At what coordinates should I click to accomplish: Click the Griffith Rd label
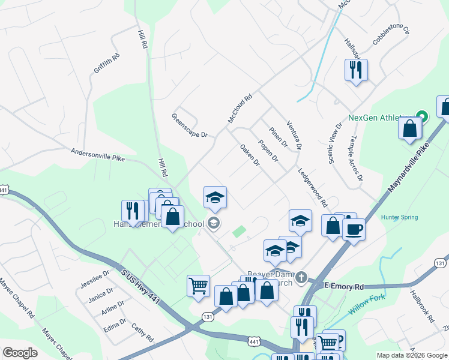[x=107, y=63]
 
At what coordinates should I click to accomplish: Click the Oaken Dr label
[x=250, y=155]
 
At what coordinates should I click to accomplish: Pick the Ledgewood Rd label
[x=312, y=187]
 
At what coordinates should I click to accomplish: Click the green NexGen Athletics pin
[x=421, y=116]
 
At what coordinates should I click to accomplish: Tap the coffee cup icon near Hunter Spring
[x=354, y=229]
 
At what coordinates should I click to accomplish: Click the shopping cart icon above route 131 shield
[x=197, y=285]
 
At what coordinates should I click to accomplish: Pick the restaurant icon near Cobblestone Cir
[x=356, y=70]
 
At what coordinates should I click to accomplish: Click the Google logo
[x=20, y=353]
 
